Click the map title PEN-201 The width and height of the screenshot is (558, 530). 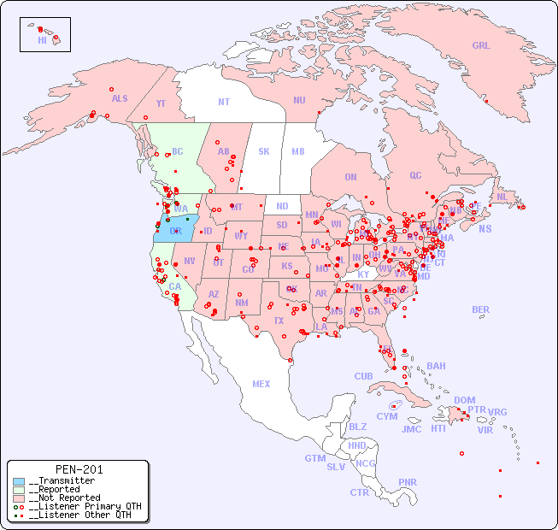coord(79,469)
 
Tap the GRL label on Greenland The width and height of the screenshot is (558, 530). coord(481,46)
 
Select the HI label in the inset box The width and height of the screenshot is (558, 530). coord(42,40)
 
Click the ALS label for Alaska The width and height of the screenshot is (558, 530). coord(120,98)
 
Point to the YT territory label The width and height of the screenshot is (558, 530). coord(161,103)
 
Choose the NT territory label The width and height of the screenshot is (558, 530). coord(224,102)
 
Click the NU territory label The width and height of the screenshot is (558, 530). coord(299,100)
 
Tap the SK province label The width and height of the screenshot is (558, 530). coord(264,151)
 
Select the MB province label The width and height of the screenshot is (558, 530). coord(298,151)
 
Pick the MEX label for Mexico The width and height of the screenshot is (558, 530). coord(261,384)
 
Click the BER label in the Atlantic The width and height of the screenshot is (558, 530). coord(480,309)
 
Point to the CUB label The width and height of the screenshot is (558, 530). coord(363,376)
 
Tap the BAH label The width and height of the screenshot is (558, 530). coord(436,366)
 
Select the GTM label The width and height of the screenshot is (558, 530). coord(314,458)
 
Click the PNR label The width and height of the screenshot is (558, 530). coord(408,482)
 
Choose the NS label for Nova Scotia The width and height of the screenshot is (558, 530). coord(485,229)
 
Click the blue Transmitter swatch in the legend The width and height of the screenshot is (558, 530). coord(19,481)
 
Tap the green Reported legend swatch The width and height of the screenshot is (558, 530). coord(19,490)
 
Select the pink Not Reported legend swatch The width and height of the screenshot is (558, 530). coord(19,498)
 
